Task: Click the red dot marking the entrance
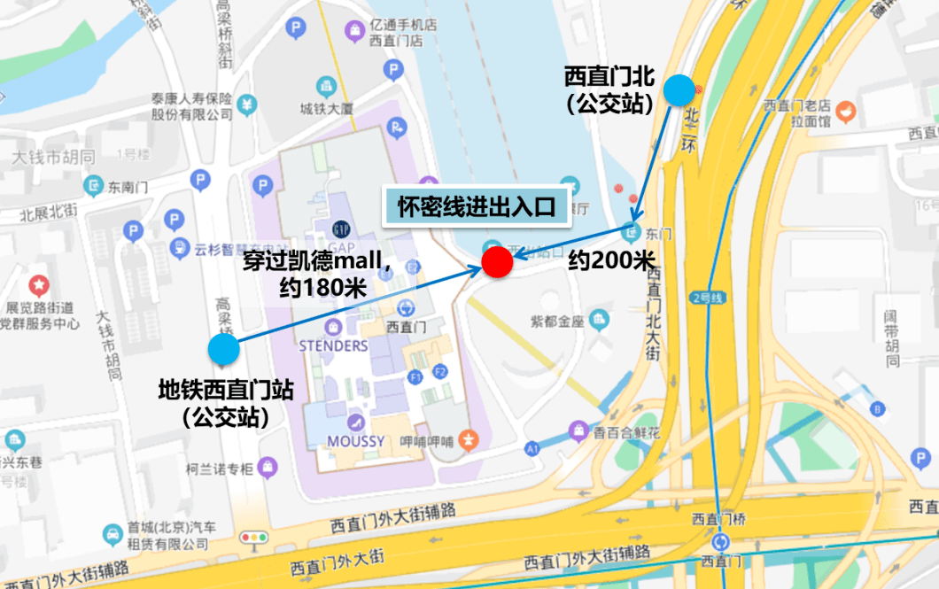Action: coord(497,261)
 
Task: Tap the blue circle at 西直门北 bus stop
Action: coord(679,90)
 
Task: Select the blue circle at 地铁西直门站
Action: coord(224,349)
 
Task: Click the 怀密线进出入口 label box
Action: coord(475,208)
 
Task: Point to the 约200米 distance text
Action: coord(611,260)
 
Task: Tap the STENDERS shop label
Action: coord(333,345)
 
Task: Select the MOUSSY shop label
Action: coord(355,440)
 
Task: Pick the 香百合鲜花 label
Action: coord(627,433)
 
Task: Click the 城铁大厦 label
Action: coord(327,109)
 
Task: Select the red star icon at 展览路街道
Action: coord(39,285)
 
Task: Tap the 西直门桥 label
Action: coord(720,518)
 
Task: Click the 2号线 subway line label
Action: coord(708,298)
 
